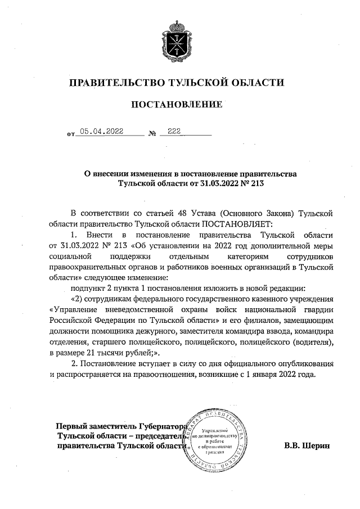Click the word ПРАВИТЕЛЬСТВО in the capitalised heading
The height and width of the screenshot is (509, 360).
point(115,83)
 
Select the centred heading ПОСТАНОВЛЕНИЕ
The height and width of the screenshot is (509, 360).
point(176,104)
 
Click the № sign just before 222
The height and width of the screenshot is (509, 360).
point(152,134)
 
